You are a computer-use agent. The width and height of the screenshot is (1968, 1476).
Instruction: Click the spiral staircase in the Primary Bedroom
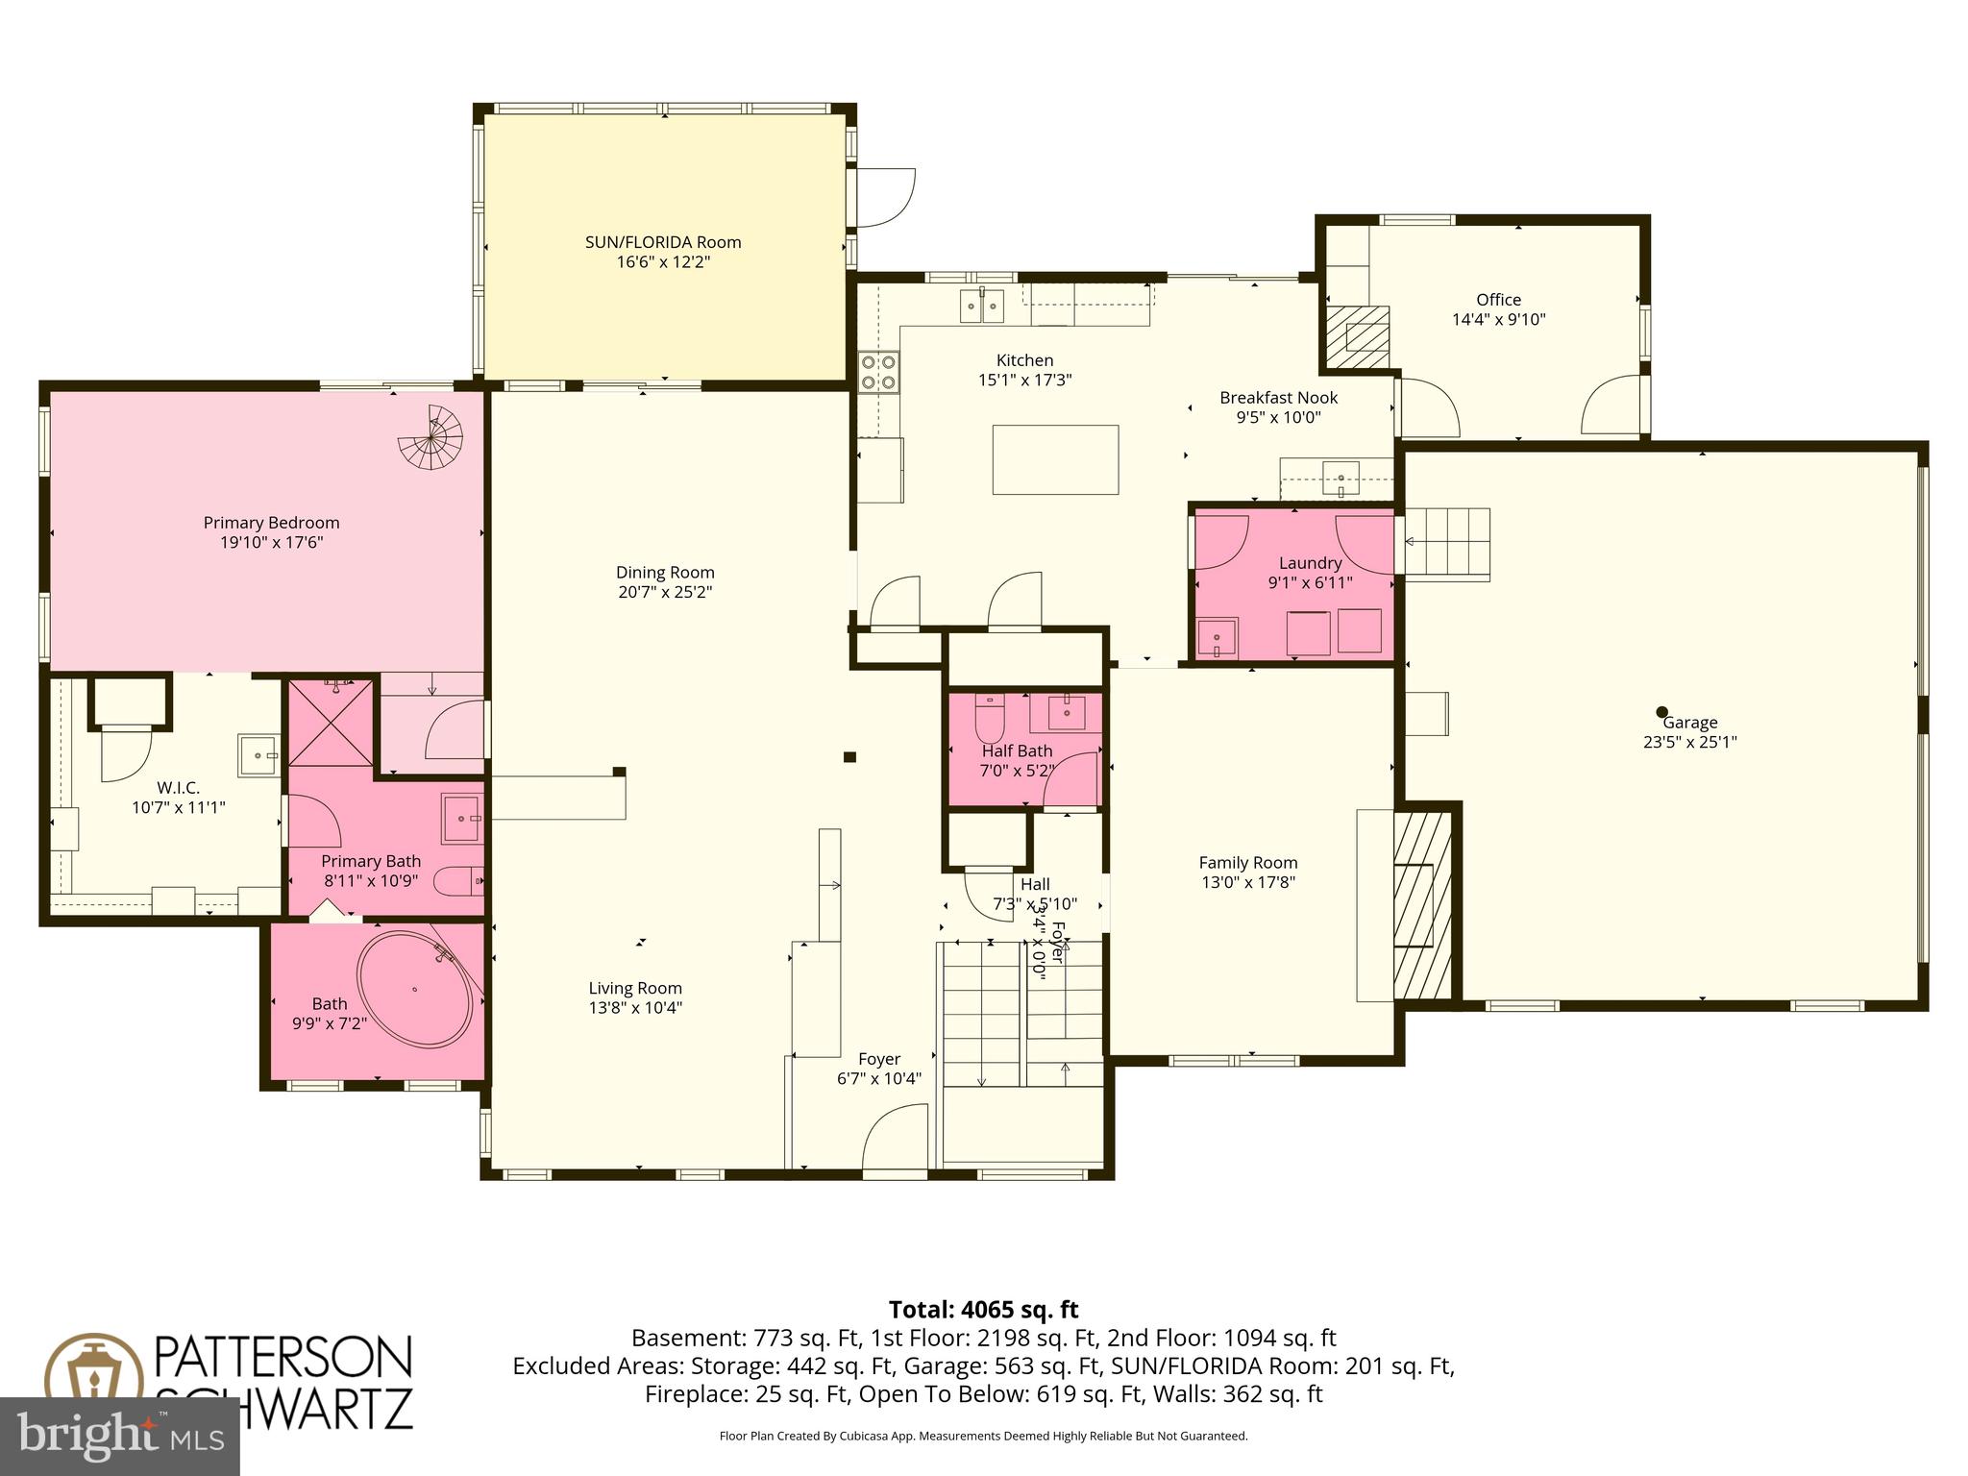pos(431,438)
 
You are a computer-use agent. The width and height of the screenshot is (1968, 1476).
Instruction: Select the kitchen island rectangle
pos(1055,459)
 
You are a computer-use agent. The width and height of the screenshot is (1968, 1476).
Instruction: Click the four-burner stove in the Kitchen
pos(878,372)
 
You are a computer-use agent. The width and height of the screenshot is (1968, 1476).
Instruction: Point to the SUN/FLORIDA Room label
pos(663,242)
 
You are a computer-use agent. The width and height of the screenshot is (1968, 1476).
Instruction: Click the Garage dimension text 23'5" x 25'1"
pos(1689,742)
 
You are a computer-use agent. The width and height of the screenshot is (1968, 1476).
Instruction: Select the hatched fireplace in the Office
pos(1357,336)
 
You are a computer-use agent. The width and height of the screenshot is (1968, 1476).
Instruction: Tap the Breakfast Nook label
pos(1278,397)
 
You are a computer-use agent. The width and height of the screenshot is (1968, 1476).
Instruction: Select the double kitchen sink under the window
pos(981,307)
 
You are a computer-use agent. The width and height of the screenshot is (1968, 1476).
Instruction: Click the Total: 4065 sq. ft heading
pos(983,1310)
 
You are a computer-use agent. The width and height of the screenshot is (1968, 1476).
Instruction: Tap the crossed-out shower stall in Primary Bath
pos(331,723)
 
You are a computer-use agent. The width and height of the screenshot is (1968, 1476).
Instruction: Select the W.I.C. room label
pos(179,788)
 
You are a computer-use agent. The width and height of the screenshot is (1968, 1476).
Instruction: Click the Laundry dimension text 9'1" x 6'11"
pos(1310,582)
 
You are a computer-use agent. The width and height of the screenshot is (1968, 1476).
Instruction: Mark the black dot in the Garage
pos(1661,712)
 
